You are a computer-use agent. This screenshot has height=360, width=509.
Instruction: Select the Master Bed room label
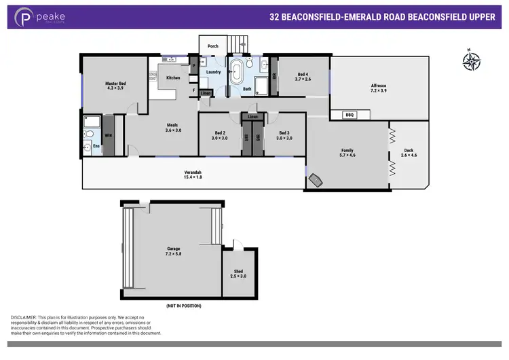click(115, 85)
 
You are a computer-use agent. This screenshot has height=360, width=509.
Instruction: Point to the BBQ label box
click(350, 115)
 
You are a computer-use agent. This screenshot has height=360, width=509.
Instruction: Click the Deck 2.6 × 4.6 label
click(408, 153)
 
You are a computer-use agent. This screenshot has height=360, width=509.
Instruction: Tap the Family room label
click(347, 153)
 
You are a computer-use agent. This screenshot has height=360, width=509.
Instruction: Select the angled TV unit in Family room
click(316, 180)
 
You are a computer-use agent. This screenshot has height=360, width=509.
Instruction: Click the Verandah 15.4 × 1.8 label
click(193, 174)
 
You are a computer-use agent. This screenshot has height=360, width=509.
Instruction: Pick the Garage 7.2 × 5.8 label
click(174, 251)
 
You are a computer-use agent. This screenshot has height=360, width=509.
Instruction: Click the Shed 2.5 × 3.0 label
click(239, 274)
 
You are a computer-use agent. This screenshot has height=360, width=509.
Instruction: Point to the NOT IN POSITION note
click(183, 306)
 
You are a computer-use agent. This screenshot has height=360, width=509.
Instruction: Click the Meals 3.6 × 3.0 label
click(174, 127)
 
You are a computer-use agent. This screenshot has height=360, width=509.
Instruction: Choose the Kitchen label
click(174, 78)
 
